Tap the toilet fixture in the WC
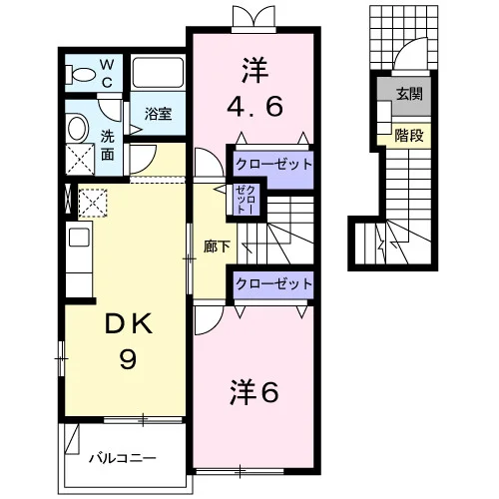[79, 74]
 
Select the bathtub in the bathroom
[158, 73]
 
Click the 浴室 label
[158, 114]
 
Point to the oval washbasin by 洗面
[78, 128]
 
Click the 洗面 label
[107, 146]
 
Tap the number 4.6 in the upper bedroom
[254, 106]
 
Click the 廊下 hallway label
[217, 247]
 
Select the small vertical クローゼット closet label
[246, 200]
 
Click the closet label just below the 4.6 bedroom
[273, 164]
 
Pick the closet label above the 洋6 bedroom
[273, 283]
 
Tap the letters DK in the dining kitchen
[129, 323]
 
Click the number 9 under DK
[128, 360]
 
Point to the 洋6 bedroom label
[254, 392]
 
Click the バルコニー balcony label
[122, 459]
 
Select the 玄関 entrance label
[409, 95]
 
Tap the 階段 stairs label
[409, 136]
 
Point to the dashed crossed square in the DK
[93, 203]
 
